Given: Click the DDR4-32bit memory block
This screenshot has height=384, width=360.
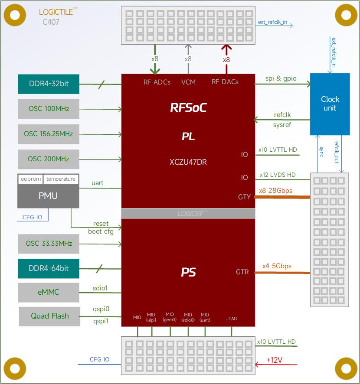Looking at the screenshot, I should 49,84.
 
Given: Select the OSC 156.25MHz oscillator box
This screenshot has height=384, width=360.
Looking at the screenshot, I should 49,134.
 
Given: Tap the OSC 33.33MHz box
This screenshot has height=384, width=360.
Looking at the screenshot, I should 49,244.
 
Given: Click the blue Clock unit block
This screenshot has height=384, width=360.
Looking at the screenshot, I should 330,104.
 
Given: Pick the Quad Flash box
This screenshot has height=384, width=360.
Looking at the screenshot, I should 49,316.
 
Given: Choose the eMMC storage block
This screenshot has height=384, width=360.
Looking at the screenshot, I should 49,292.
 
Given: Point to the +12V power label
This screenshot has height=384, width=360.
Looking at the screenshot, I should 275,360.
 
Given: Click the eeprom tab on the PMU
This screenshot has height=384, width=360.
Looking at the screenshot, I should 30,179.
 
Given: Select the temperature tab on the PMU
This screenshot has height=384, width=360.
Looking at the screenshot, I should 61,179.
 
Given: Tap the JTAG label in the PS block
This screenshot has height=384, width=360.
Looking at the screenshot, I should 232,319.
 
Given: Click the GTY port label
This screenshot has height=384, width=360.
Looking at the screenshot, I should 244,197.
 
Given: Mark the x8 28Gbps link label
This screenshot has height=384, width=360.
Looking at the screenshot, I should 275,191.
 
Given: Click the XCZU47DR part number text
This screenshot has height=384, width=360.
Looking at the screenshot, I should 188,162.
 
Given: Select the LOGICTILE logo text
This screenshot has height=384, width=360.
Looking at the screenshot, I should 57,12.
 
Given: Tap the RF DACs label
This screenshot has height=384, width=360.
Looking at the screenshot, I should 225,81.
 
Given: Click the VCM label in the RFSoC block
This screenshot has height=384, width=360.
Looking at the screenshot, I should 188,81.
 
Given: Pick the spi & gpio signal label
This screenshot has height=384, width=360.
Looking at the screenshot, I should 281,78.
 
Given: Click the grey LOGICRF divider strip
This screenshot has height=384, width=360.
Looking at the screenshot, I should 188,213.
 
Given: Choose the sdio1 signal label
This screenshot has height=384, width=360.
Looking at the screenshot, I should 100,288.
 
